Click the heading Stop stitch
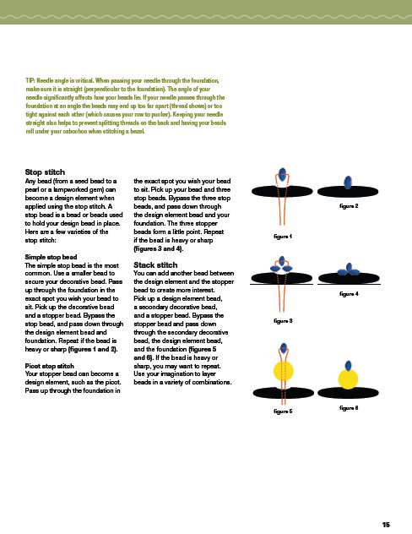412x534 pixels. coord(45,172)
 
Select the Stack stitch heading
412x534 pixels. coord(155,265)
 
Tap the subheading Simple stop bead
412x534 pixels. coord(51,257)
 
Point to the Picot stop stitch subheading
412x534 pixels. coord(49,366)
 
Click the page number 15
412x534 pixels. coord(386,525)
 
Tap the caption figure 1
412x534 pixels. coord(283,236)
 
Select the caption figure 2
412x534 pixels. coord(349,205)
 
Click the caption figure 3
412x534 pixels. coord(283,320)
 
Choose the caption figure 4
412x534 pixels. coord(349,293)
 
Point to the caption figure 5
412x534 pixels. coord(283,411)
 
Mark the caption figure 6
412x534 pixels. coord(349,407)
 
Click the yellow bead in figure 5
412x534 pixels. coord(283,372)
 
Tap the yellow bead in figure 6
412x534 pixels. coord(348,379)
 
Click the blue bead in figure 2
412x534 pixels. coord(348,183)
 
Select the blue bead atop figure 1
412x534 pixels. coord(282,174)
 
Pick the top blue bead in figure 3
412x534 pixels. coord(282,261)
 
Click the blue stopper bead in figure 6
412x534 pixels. coord(348,365)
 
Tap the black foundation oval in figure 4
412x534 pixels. coord(349,278)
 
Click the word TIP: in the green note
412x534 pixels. coord(30,81)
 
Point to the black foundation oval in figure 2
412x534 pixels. coord(348,192)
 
